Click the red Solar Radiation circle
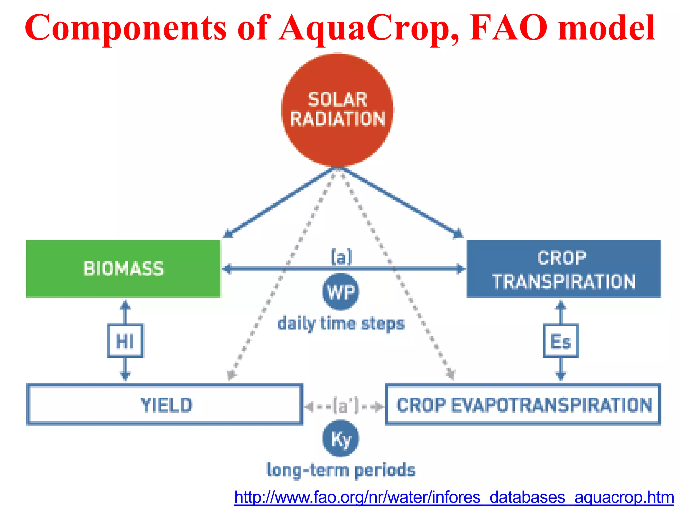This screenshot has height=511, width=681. click(x=337, y=110)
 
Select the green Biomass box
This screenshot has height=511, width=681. click(x=123, y=268)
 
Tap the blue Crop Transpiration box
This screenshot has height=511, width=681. click(x=564, y=268)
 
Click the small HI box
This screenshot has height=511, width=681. click(x=125, y=341)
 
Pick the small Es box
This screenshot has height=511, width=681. click(x=561, y=341)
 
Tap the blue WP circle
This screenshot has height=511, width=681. click(x=340, y=292)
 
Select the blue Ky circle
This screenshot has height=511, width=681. click(x=340, y=438)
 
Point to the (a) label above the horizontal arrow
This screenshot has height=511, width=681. click(x=341, y=257)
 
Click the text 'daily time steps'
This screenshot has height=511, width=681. click(x=341, y=324)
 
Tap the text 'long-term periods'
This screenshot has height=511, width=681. click(x=341, y=470)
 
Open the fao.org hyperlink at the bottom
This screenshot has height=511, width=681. click(x=454, y=497)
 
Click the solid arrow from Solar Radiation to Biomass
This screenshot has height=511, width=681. click(x=279, y=203)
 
